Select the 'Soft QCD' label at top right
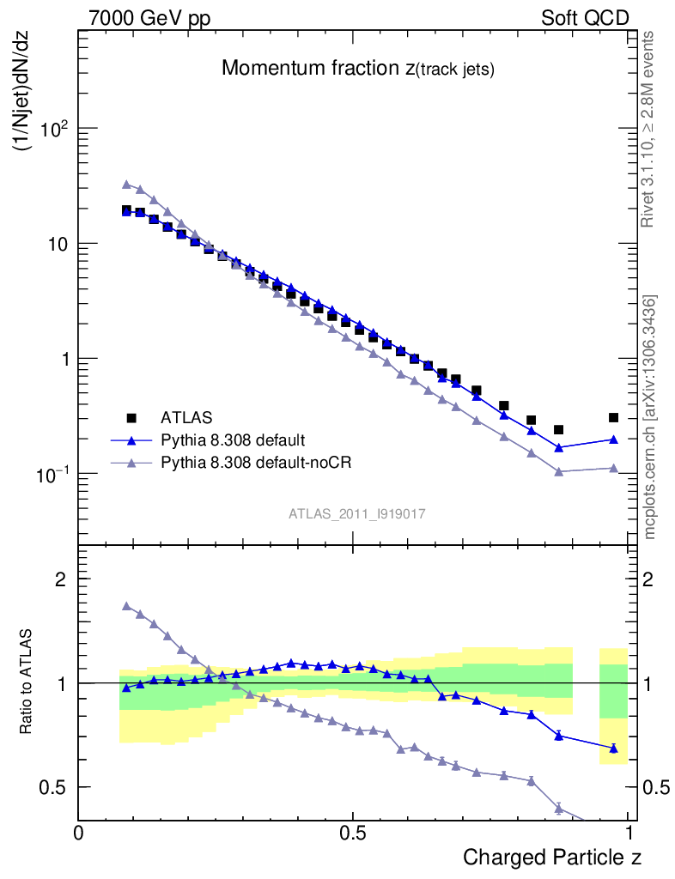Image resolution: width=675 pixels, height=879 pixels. coord(585,18)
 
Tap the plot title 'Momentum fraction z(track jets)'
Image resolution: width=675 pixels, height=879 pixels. coord(357,70)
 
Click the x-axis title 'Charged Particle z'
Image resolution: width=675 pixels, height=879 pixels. coord(552,857)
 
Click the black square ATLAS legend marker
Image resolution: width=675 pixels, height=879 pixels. coord(131,418)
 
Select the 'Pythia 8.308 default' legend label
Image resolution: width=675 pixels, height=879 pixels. coord(232,440)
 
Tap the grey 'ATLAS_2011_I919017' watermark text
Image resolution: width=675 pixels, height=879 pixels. coord(357,513)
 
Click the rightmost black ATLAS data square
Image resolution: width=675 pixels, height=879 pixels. coord(613,417)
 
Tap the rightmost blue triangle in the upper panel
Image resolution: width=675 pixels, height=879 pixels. coord(613,439)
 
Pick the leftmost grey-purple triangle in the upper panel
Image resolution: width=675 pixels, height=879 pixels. coord(126,184)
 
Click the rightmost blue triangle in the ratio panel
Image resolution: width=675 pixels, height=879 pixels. coord(613,748)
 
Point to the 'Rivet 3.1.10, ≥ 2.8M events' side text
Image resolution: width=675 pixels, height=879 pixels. coord(648,130)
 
